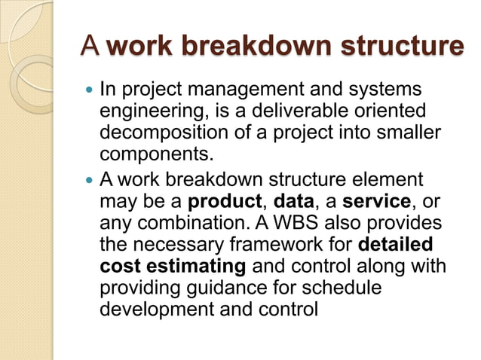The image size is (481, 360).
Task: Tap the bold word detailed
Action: click(x=396, y=246)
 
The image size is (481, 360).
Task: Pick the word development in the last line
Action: click(x=152, y=309)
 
